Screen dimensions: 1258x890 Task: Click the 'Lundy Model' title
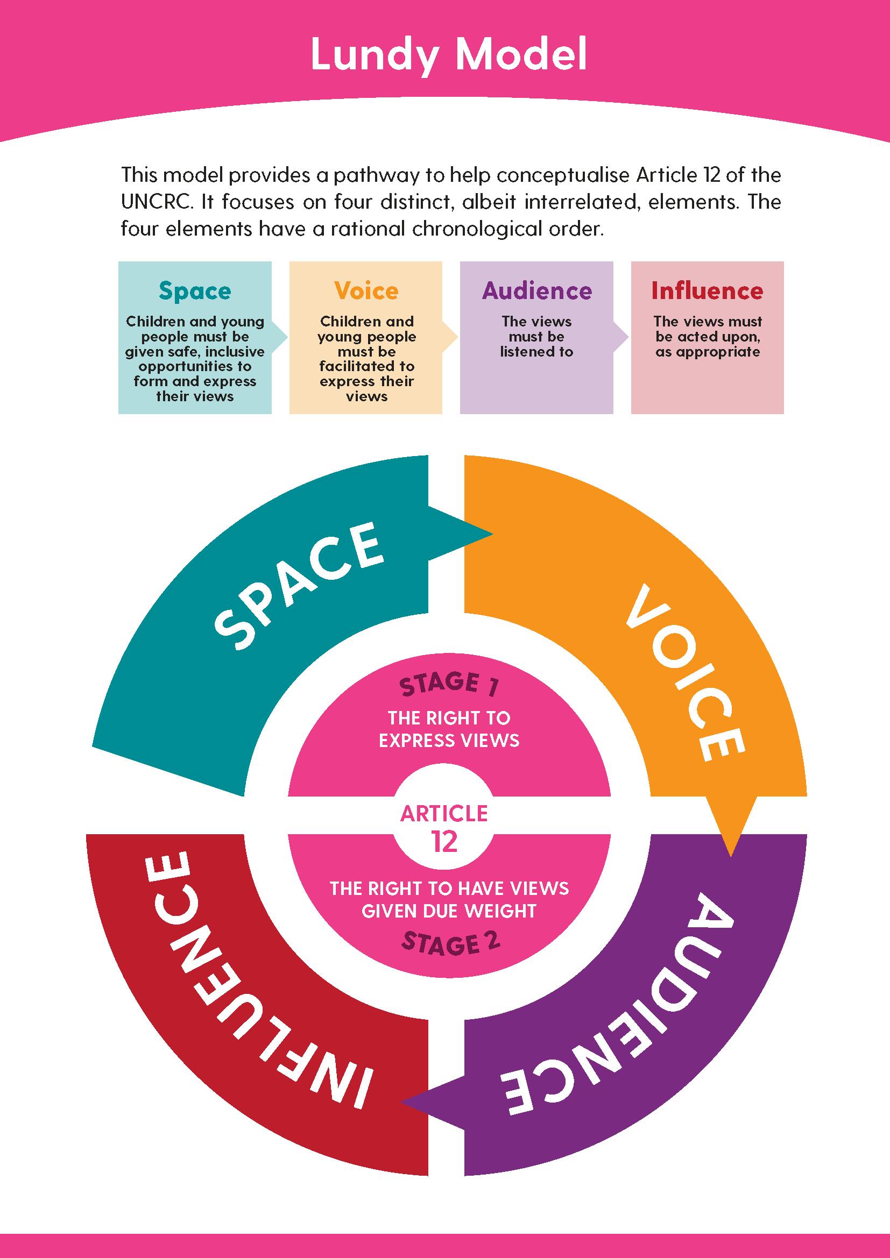pos(448,55)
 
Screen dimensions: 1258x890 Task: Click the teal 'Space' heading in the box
pos(195,291)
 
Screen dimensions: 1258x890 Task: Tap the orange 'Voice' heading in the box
pos(366,291)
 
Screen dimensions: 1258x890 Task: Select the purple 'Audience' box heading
pos(536,291)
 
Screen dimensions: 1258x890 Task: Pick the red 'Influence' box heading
pos(707,291)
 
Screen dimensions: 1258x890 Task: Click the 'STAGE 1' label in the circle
pos(449,685)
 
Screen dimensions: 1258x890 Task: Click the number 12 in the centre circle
pos(444,842)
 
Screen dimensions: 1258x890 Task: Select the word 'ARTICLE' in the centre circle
pos(444,814)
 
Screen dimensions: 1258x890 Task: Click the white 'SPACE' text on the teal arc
pos(299,585)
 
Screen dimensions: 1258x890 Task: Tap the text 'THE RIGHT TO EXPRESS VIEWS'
pos(449,729)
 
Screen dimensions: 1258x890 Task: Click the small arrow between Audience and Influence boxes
pos(621,337)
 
